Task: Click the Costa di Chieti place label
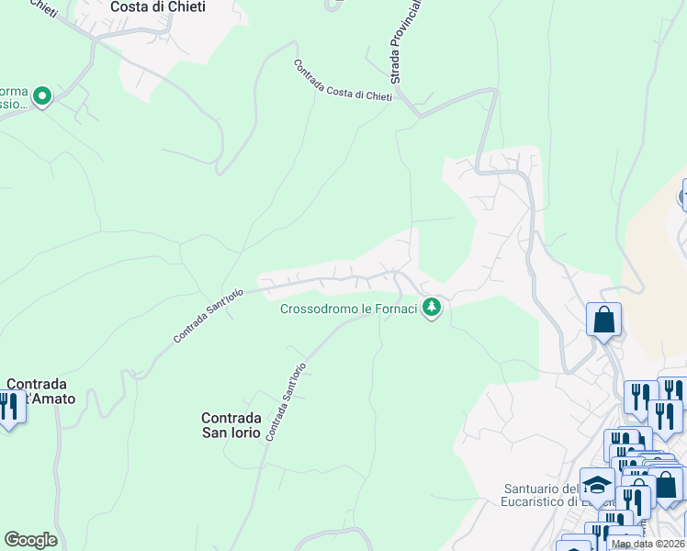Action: (158, 6)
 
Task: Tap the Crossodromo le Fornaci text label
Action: (349, 309)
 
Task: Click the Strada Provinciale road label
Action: (403, 41)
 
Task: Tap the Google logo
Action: (30, 540)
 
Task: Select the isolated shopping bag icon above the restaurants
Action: (604, 320)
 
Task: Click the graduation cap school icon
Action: (597, 484)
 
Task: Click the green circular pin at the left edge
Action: (41, 95)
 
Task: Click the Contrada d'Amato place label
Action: (40, 391)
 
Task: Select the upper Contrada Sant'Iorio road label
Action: (208, 316)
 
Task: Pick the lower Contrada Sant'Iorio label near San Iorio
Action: (285, 401)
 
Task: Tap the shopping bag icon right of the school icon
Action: (666, 483)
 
